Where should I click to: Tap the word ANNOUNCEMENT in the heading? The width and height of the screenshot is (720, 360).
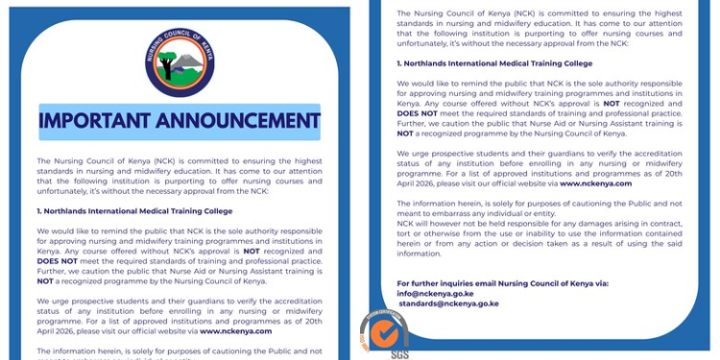click(245, 121)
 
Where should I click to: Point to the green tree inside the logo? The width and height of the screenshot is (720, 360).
click(171, 62)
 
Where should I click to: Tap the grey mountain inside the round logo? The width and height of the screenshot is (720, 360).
click(187, 60)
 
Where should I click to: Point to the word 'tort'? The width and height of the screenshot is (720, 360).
click(405, 243)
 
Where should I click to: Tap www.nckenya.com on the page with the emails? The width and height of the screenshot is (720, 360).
click(595, 182)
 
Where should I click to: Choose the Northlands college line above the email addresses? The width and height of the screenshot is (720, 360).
click(494, 63)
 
